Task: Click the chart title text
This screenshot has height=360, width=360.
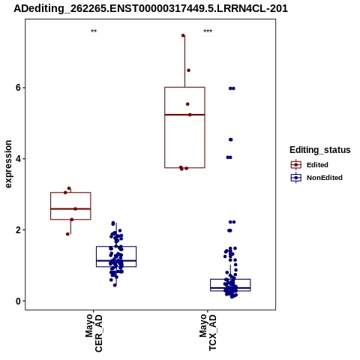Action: [151, 8]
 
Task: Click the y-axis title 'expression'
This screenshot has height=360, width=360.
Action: [8, 164]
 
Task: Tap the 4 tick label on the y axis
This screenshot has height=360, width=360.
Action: [18, 159]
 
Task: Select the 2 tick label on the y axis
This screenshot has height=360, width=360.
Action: [18, 230]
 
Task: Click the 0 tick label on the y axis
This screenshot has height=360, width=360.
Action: [18, 301]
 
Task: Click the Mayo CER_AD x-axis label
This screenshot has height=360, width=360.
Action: [94, 333]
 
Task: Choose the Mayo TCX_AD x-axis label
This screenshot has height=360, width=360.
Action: [208, 332]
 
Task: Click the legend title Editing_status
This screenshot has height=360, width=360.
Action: [319, 150]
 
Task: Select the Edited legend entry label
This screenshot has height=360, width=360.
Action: [317, 165]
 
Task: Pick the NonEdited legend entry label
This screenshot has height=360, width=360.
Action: [325, 178]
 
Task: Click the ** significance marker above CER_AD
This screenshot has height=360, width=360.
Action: [94, 31]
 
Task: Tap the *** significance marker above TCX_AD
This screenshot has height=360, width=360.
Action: [208, 31]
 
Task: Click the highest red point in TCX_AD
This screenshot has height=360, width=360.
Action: [183, 35]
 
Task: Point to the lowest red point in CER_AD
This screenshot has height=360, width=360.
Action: [67, 234]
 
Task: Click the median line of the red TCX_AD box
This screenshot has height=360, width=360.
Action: [184, 115]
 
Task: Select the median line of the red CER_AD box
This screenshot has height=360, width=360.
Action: [70, 208]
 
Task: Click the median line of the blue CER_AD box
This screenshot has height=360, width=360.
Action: [116, 261]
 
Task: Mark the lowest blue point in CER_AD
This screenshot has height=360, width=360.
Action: [115, 285]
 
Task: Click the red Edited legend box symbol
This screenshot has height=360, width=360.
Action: [296, 165]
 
